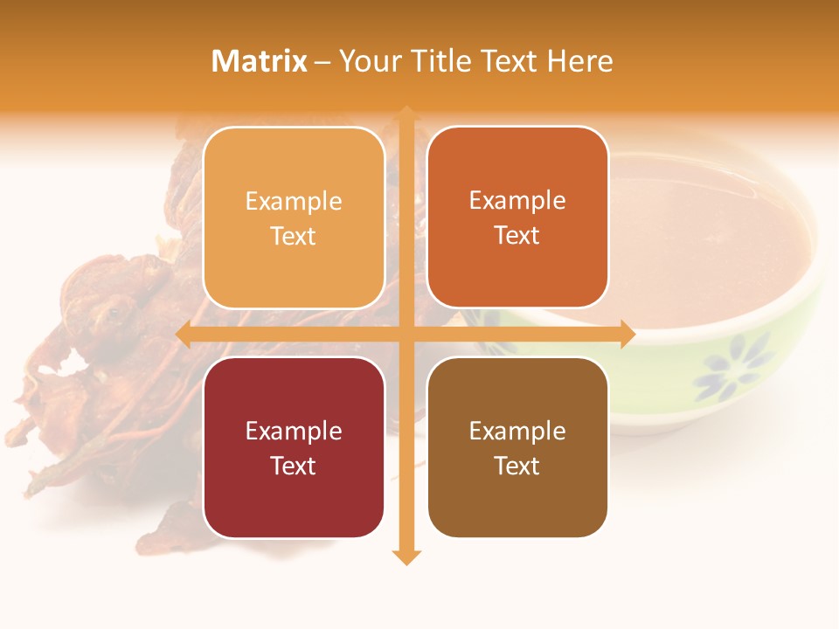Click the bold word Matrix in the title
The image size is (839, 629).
[x=260, y=61]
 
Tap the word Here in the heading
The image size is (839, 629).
[x=580, y=61]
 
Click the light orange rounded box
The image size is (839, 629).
[x=294, y=218]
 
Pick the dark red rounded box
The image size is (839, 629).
[x=294, y=447]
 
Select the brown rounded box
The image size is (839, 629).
[x=517, y=447]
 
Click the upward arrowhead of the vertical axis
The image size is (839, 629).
[x=406, y=114]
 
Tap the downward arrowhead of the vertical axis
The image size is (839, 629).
[x=406, y=556]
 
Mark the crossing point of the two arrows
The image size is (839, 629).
[x=406, y=334]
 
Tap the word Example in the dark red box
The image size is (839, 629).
[x=294, y=431]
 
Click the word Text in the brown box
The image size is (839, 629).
[x=517, y=466]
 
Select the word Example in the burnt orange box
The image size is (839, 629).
[x=517, y=200]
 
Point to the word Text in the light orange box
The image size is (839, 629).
[x=294, y=236]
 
